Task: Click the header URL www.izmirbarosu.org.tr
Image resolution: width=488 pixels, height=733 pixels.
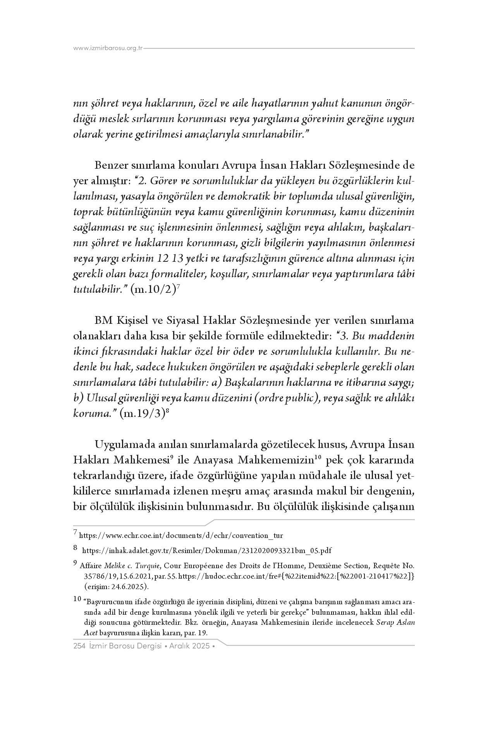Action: pos(108,48)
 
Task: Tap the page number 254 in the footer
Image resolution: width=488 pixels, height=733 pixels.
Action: pos(79,646)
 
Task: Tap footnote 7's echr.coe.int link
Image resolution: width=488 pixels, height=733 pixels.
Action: pos(181,536)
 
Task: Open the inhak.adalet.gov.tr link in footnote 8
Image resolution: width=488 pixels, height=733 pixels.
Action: pos(207,550)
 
